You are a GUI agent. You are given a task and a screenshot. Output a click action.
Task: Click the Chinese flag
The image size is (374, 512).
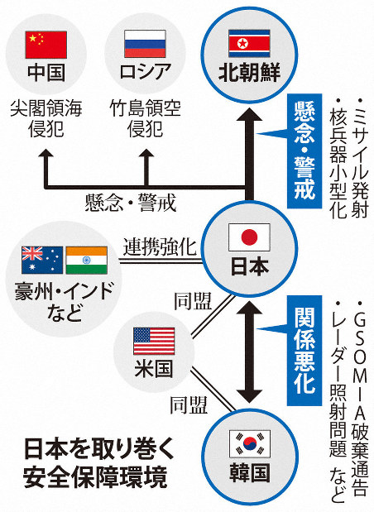pyautogui.click(x=46, y=45)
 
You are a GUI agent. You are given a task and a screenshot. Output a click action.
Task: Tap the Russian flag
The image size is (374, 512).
pyautogui.click(x=145, y=44)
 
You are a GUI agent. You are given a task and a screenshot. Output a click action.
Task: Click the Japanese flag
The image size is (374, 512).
pyautogui.click(x=249, y=237)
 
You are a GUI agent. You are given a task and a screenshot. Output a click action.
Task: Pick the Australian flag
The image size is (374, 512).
pyautogui.click(x=42, y=261)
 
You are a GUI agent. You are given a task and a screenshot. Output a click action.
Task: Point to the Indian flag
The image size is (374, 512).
pyautogui.click(x=87, y=261)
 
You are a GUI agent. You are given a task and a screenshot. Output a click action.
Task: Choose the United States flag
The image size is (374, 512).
pyautogui.click(x=154, y=342)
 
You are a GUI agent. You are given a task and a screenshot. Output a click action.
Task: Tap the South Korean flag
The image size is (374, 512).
pyautogui.click(x=250, y=443)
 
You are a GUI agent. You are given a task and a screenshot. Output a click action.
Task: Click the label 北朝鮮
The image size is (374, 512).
pyautogui.click(x=249, y=72)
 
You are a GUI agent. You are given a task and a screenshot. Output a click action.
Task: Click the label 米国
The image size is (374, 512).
pyautogui.click(x=154, y=369)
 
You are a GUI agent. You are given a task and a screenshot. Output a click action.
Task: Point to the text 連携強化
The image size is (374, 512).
pyautogui.click(x=160, y=246)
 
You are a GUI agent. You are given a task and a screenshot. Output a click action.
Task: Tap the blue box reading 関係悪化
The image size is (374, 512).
pyautogui.click(x=304, y=351)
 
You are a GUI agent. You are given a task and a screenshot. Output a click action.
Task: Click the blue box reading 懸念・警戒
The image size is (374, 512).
pyautogui.click(x=304, y=151)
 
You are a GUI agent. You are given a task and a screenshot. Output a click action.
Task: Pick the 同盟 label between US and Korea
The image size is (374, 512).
pyautogui.click(x=189, y=405)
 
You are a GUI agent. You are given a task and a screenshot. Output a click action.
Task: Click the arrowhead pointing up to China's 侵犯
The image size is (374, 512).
pyautogui.click(x=46, y=154)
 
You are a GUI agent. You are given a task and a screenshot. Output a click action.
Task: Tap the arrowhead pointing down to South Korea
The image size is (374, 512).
pyautogui.click(x=249, y=395)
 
